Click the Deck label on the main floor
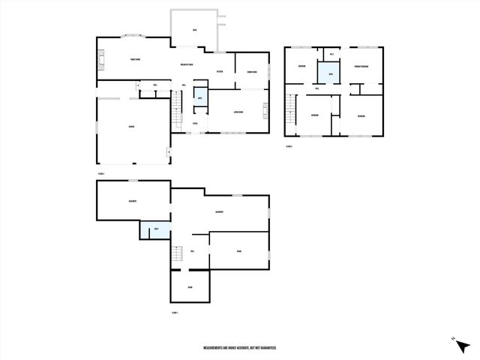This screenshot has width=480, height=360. [x=194, y=30]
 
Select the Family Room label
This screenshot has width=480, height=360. [x=135, y=59]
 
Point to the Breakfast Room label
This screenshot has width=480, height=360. [x=187, y=64]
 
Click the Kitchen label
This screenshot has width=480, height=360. [x=220, y=71]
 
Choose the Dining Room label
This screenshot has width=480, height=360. [x=252, y=72]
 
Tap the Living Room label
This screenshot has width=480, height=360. [x=238, y=112]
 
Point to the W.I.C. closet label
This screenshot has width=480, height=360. [x=331, y=54]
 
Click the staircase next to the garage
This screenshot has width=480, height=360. [x=176, y=114]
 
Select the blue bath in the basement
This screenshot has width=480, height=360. [x=155, y=229]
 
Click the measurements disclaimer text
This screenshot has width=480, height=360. [x=240, y=348]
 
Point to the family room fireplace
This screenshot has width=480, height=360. [x=98, y=60]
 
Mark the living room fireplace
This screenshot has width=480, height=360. [x=265, y=112]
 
